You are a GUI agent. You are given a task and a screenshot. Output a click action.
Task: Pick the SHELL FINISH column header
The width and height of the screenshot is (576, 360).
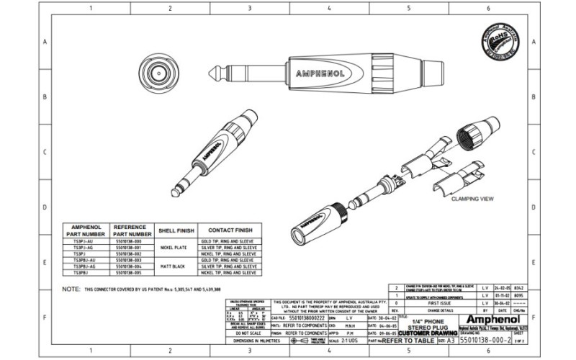click(x=176, y=230)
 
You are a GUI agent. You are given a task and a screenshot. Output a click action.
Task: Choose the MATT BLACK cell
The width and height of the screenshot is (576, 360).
click(x=176, y=265)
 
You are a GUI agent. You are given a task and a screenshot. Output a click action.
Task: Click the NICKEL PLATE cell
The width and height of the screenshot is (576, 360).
click(x=176, y=247)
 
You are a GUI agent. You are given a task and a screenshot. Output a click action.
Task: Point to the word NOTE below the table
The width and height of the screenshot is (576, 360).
click(x=71, y=288)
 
